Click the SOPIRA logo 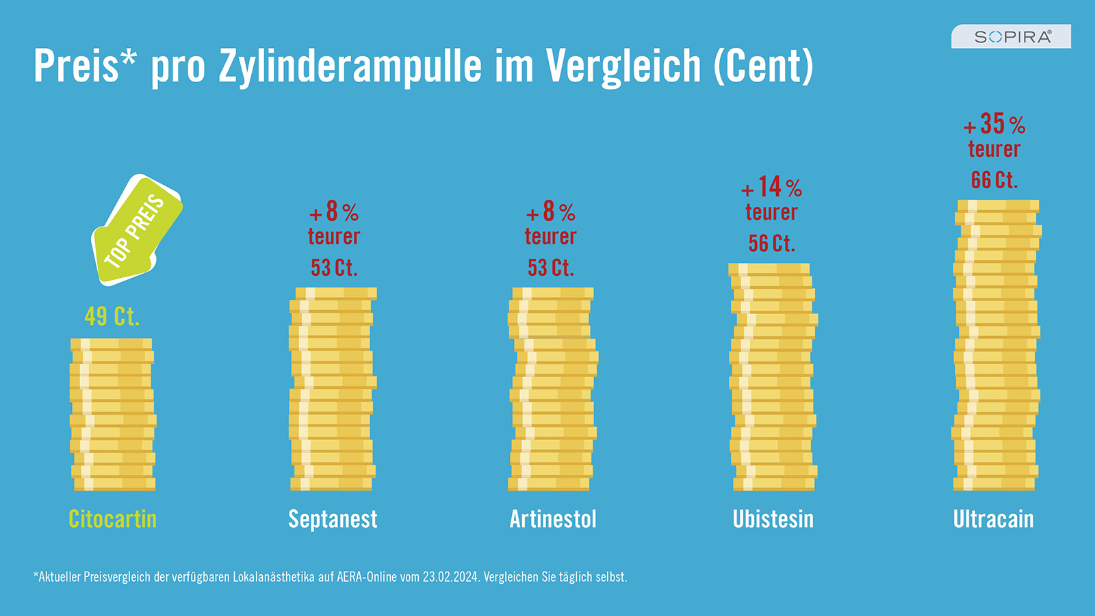coord(1011,36)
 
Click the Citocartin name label coord(112,519)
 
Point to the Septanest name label coord(333,519)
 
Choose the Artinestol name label coord(553,519)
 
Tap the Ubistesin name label coord(773,519)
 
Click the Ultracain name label coord(993,519)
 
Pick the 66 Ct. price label coord(994,180)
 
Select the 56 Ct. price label coord(772,243)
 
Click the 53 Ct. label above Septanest coord(335,268)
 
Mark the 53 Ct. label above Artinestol coord(551,268)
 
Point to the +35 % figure coord(994,124)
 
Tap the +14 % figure coord(772,187)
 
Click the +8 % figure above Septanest coord(335,211)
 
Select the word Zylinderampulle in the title coord(350,66)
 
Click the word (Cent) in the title coord(764,66)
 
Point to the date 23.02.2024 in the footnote coord(450,577)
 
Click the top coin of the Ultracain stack coord(998,206)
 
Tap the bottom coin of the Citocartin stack coord(115,484)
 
